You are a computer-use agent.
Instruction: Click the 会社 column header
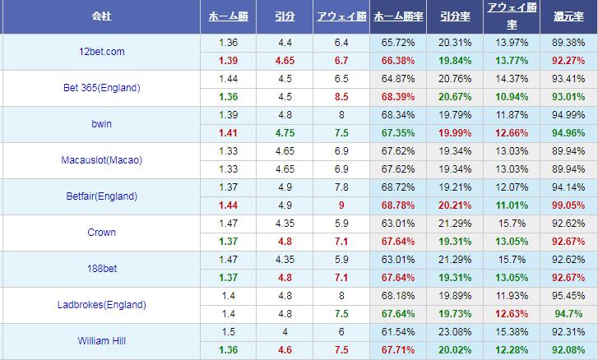(x=102, y=16)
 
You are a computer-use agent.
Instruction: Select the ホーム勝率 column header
(x=399, y=16)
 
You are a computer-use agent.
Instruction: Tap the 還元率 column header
(x=568, y=16)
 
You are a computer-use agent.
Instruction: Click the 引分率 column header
(x=455, y=16)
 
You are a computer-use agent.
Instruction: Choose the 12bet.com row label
(x=102, y=52)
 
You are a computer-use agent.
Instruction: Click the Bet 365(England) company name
(x=102, y=88)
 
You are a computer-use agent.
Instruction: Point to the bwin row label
(x=102, y=124)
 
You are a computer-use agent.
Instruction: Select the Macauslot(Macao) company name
(x=102, y=160)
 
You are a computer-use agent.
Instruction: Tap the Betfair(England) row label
(x=102, y=196)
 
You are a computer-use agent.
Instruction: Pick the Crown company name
(x=102, y=233)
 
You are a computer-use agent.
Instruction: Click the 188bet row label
(x=102, y=269)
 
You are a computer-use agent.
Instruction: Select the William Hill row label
(x=102, y=341)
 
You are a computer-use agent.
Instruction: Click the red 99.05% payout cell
(x=568, y=205)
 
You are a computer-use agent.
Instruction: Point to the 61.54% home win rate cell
(x=399, y=332)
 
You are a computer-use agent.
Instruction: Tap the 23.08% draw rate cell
(x=455, y=332)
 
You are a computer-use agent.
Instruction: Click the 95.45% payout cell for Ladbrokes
(x=568, y=296)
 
